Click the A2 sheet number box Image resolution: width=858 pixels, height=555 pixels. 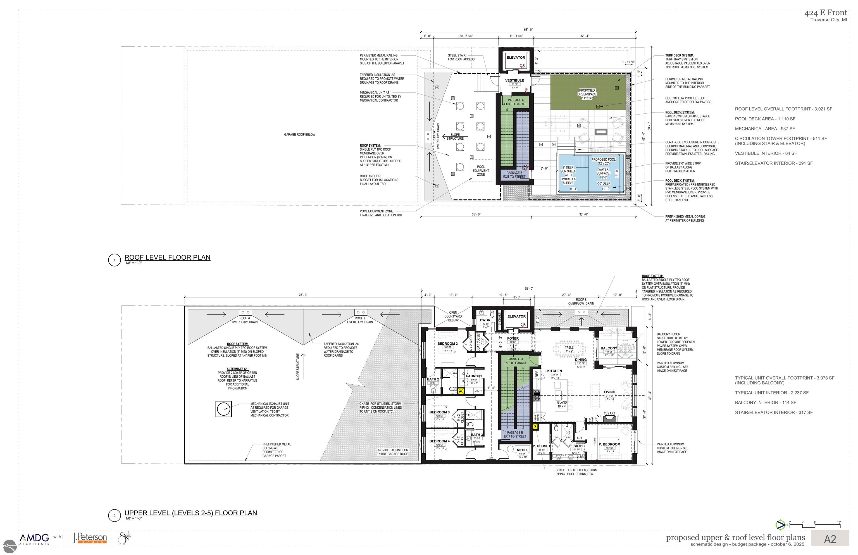[x=830, y=539]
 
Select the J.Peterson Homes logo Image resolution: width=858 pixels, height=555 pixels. [x=90, y=538]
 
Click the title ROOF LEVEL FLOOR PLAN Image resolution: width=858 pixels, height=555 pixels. [x=167, y=257]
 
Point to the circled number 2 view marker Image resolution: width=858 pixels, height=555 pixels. [x=114, y=515]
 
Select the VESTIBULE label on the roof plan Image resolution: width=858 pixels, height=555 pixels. [x=514, y=80]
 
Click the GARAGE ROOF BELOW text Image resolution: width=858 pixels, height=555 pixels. [x=299, y=134]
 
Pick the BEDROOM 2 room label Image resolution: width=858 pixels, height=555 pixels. [x=447, y=344]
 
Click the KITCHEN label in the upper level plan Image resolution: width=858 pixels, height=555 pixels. [x=554, y=371]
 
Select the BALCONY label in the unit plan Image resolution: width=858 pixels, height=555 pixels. [x=609, y=348]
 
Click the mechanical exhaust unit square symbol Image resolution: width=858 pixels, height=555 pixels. [x=223, y=409]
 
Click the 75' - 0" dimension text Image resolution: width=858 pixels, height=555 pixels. [x=303, y=295]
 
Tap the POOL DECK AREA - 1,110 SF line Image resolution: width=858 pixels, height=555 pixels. [x=765, y=118]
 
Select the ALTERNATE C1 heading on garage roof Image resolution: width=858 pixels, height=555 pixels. [x=237, y=369]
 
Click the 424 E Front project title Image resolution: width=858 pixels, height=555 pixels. [x=826, y=13]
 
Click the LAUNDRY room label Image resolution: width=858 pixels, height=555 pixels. [x=474, y=376]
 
